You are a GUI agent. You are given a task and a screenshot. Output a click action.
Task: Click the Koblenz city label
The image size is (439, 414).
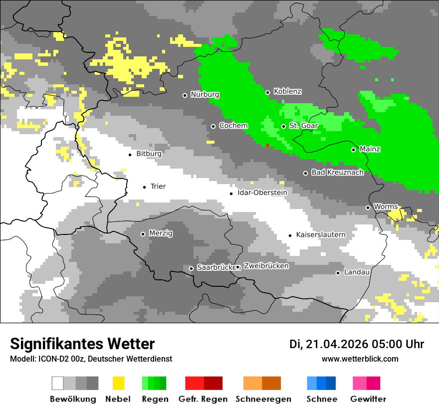[x=287, y=91]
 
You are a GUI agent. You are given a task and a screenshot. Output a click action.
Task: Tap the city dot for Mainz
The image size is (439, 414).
[x=353, y=150]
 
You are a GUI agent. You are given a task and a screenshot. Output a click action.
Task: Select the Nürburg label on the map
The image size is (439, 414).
[x=205, y=94]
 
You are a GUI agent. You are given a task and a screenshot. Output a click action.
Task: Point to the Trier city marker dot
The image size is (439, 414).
[x=144, y=187]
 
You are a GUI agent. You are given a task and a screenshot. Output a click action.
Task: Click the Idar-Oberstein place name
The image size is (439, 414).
[x=262, y=193]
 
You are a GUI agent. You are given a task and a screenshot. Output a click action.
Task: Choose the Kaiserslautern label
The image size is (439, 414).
[x=321, y=234]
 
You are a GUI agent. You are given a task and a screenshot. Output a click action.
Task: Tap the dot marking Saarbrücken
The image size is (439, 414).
[x=191, y=268]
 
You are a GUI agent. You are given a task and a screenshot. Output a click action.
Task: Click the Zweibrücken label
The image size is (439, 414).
[x=266, y=266]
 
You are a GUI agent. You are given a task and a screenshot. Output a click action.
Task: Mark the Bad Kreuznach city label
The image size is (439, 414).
[x=337, y=172]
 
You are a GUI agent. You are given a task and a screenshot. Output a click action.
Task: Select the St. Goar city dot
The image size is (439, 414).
[x=283, y=126]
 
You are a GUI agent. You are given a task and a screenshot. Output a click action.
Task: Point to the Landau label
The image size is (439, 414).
[x=357, y=272]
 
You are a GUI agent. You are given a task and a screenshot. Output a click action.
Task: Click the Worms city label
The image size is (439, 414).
[x=386, y=207]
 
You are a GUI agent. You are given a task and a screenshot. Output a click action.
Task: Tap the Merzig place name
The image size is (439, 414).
[x=161, y=233]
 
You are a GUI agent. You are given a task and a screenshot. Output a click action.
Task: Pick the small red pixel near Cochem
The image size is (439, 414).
[x=267, y=145]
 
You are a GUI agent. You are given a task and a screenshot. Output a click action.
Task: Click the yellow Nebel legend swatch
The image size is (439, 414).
[x=118, y=383]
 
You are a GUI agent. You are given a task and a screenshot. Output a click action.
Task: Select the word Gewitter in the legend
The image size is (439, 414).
[x=368, y=399]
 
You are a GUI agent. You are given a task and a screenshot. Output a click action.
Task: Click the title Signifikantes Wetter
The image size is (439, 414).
[x=82, y=344]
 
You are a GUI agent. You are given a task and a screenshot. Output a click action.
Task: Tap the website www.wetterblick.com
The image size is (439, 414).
[x=360, y=359]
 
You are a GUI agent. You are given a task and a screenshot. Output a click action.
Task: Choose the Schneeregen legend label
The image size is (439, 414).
[x=263, y=399]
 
